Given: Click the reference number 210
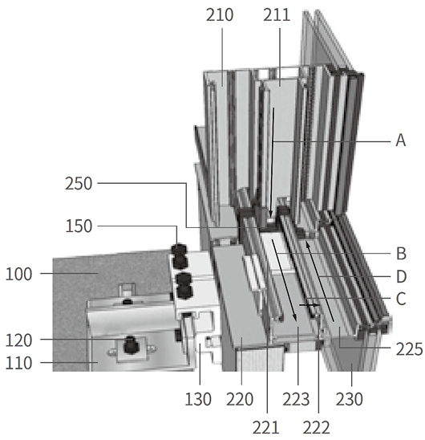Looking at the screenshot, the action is [220, 15].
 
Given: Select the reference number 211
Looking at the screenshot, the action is [277, 15].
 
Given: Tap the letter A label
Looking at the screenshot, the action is [401, 140].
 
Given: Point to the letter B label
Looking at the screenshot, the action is [401, 254].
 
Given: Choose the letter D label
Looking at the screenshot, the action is [402, 277].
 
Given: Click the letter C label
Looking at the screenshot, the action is [401, 299].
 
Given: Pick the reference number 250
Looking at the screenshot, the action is [79, 184].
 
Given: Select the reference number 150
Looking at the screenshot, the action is [79, 226].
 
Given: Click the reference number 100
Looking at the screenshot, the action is [18, 274].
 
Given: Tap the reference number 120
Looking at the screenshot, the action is [18, 340].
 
